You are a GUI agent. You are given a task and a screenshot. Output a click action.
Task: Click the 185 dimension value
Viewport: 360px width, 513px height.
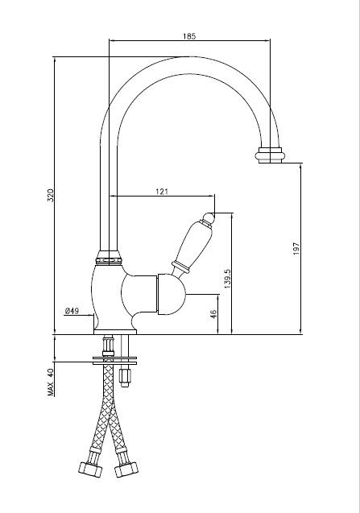coord(189,36)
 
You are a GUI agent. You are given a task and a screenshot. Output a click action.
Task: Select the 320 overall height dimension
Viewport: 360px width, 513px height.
coord(51,196)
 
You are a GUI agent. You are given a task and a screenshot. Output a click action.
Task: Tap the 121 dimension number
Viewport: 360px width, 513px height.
coord(162,192)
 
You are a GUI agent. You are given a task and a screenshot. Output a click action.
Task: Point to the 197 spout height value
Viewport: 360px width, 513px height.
coord(296,249)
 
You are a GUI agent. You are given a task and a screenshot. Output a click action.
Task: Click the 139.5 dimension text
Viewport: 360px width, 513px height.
coord(228,279)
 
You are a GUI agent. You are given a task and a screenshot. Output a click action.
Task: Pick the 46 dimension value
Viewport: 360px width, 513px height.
coord(213,314)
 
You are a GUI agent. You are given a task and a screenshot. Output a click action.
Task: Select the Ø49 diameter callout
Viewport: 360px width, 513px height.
coord(72,311)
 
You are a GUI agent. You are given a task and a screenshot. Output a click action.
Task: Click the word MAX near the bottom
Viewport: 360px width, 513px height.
coord(51,389)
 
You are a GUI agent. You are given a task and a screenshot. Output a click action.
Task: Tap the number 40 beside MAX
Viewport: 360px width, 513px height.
coord(51,374)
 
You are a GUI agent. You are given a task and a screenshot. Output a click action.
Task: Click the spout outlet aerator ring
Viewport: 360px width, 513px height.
coord(270,155)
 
